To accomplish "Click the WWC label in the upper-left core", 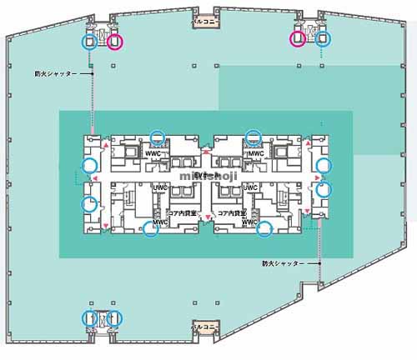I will (x=153, y=154).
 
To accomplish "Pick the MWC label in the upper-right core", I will (x=255, y=154).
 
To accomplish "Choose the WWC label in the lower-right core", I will (x=249, y=222).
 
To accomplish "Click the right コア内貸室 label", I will (x=231, y=213).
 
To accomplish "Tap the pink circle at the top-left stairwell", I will (x=114, y=41).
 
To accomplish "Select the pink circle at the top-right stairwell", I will (x=296, y=37).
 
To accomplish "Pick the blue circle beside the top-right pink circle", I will (x=323, y=37).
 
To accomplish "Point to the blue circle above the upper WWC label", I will (x=156, y=137).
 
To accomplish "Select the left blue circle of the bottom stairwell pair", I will (x=89, y=317).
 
